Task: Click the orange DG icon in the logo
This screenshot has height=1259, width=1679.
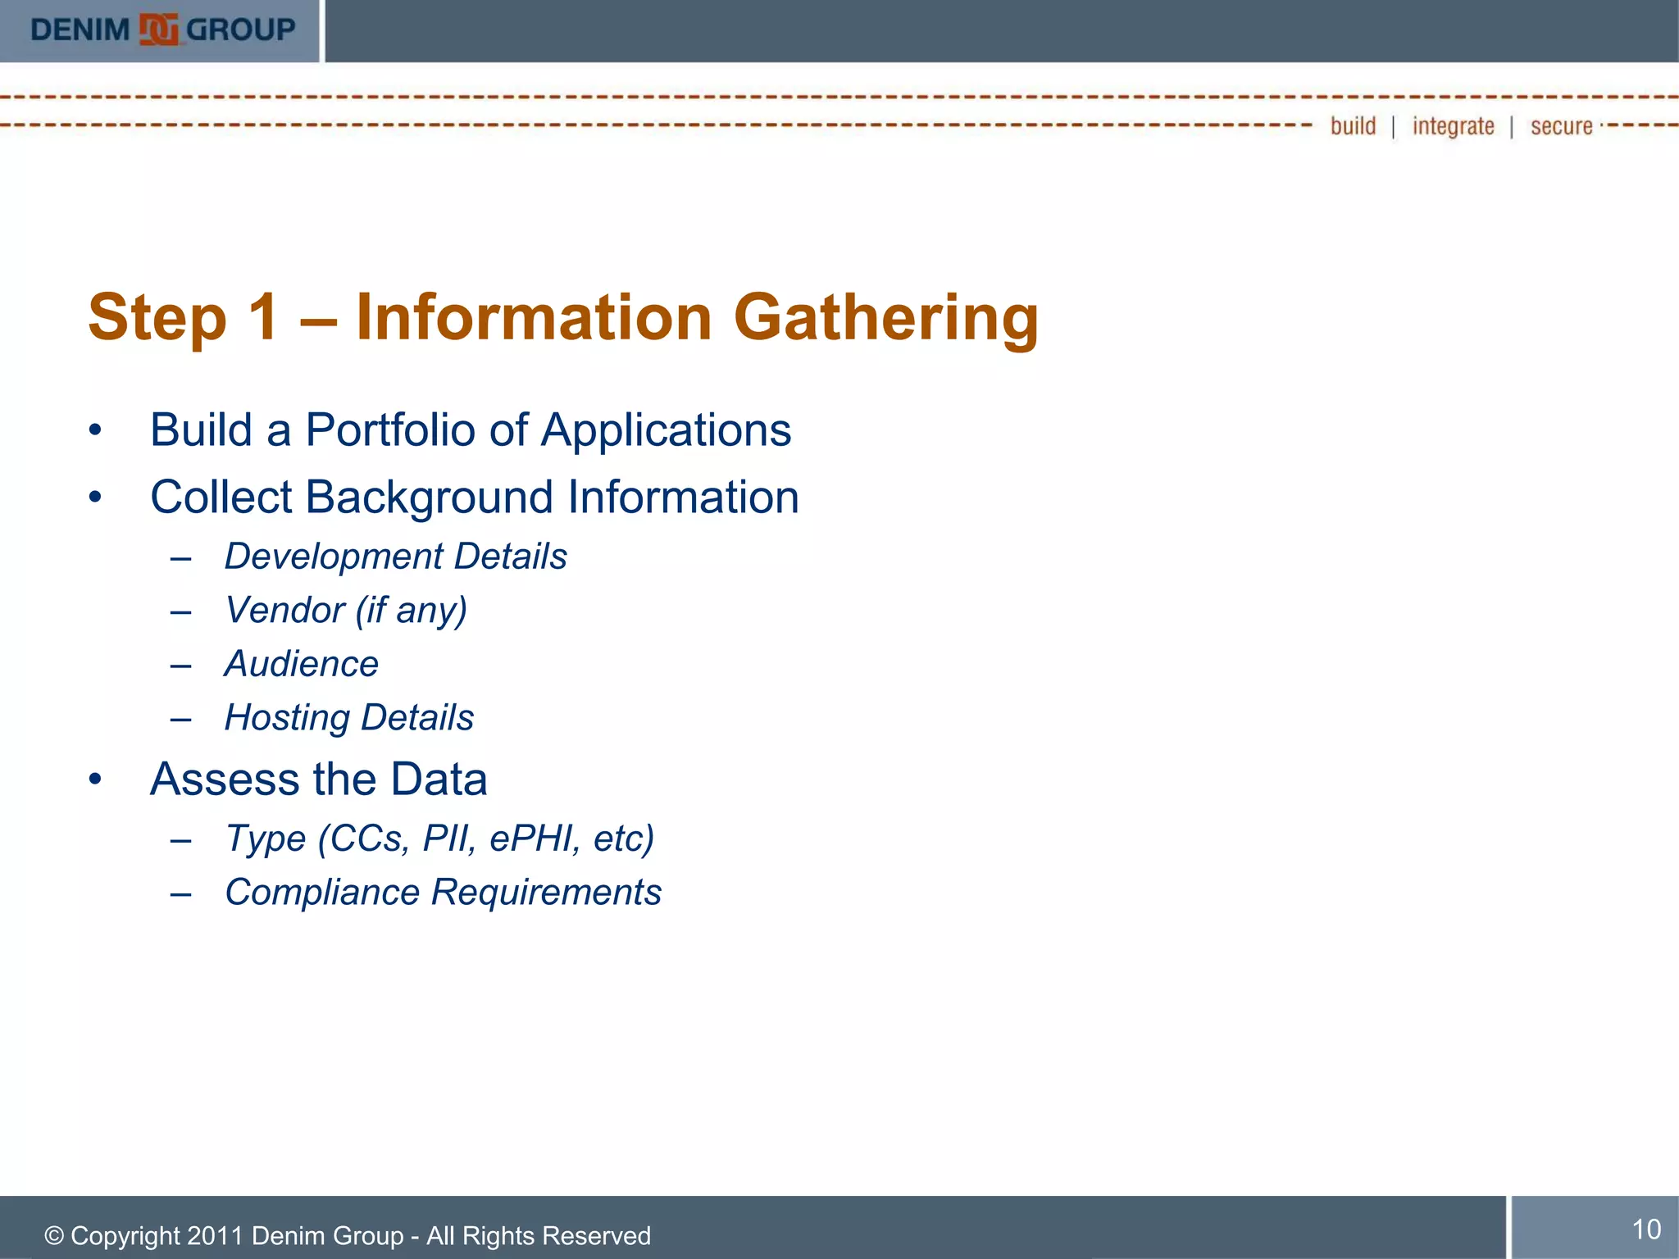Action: (x=158, y=30)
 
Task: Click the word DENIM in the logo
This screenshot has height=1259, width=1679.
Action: (x=80, y=30)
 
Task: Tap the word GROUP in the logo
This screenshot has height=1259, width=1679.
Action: (x=241, y=30)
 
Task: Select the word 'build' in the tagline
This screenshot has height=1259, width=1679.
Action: (x=1353, y=126)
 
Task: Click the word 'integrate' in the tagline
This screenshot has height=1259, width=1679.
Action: (x=1453, y=126)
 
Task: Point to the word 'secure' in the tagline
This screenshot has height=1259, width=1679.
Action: (x=1561, y=126)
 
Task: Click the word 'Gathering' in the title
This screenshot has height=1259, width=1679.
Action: (x=885, y=318)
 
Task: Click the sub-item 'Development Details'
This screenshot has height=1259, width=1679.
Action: (x=395, y=557)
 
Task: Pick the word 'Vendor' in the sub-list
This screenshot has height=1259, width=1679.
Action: (x=284, y=611)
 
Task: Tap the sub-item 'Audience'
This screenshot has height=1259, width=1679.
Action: (x=302, y=664)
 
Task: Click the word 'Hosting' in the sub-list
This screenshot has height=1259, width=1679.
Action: (x=286, y=718)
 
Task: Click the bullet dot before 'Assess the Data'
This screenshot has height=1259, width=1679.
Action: (x=96, y=779)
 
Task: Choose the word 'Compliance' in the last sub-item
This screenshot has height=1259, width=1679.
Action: (x=322, y=893)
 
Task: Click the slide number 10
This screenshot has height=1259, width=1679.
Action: (x=1646, y=1229)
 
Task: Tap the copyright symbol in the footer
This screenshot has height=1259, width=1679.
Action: (x=54, y=1236)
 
